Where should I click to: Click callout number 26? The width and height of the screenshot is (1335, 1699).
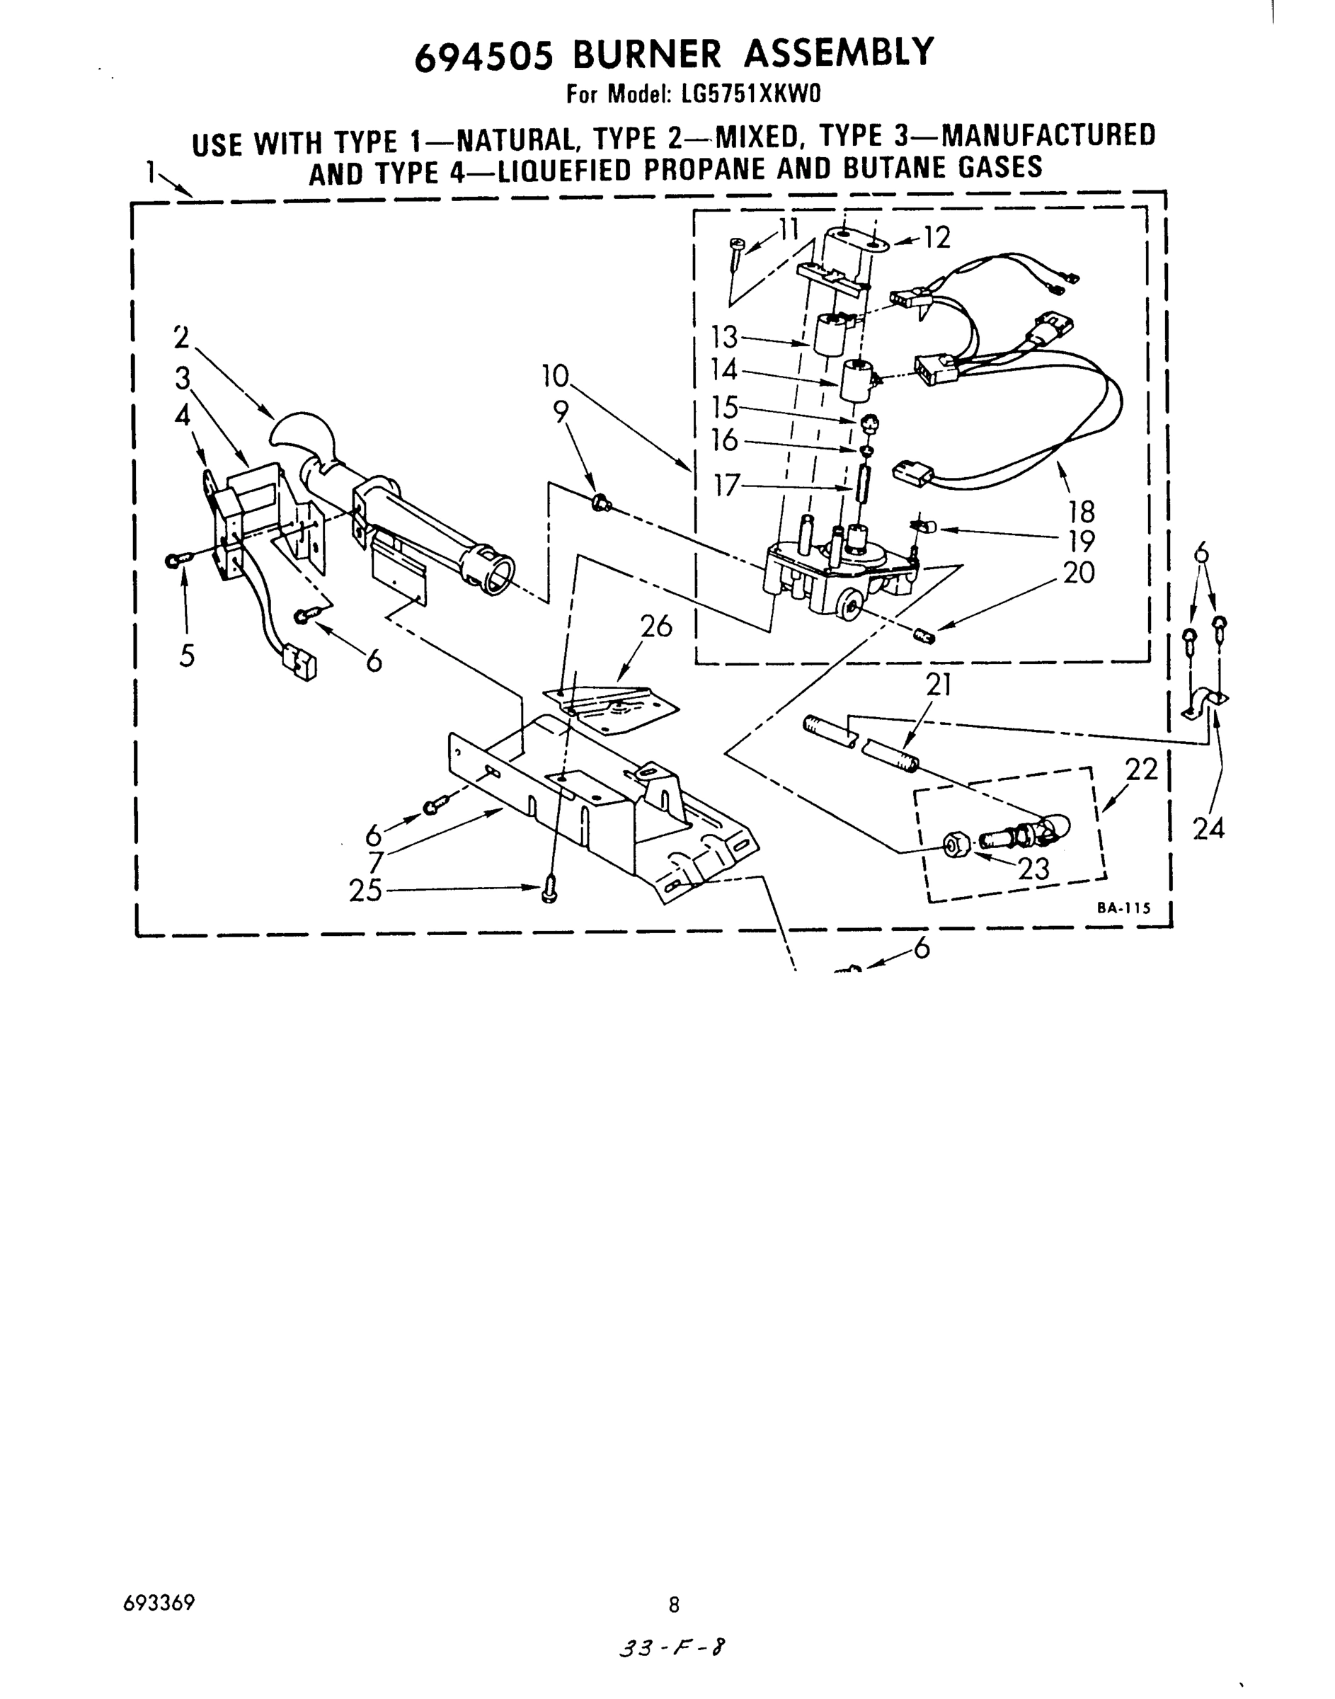tap(655, 626)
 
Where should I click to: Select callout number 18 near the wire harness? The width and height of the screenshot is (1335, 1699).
tap(1082, 512)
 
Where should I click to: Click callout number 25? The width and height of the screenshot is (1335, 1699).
tap(365, 890)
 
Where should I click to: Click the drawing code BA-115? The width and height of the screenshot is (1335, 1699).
tap(1123, 908)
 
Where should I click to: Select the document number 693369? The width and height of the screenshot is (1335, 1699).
tap(159, 1603)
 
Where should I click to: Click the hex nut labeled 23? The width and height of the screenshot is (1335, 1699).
tap(954, 845)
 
